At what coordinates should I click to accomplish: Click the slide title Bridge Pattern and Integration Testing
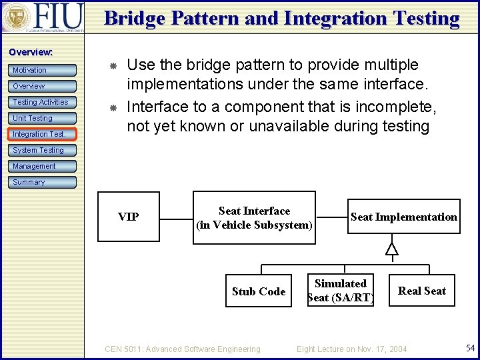[x=281, y=18]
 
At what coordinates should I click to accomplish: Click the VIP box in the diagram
[x=128, y=217]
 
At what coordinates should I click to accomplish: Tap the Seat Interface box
[x=254, y=218]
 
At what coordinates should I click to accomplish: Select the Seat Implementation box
[x=403, y=217]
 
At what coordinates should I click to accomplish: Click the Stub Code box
[x=259, y=291]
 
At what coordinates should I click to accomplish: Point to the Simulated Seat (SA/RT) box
[x=341, y=291]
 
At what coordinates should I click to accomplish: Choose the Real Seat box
[x=421, y=291]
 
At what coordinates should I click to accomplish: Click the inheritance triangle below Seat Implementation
[x=392, y=249]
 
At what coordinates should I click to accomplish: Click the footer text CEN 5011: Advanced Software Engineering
[x=183, y=349]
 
